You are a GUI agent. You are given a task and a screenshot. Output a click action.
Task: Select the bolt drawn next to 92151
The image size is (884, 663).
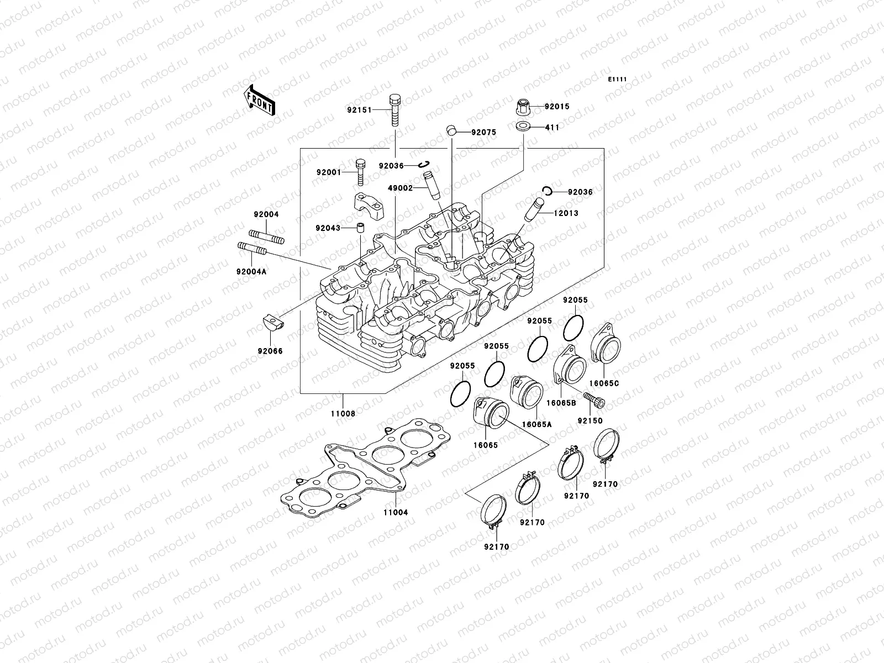click(395, 110)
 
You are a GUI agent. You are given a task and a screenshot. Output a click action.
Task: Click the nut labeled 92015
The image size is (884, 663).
click(523, 106)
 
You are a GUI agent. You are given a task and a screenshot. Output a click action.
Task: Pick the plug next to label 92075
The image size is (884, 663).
click(452, 131)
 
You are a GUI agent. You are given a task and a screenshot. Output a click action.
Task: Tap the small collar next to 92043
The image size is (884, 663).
click(360, 228)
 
